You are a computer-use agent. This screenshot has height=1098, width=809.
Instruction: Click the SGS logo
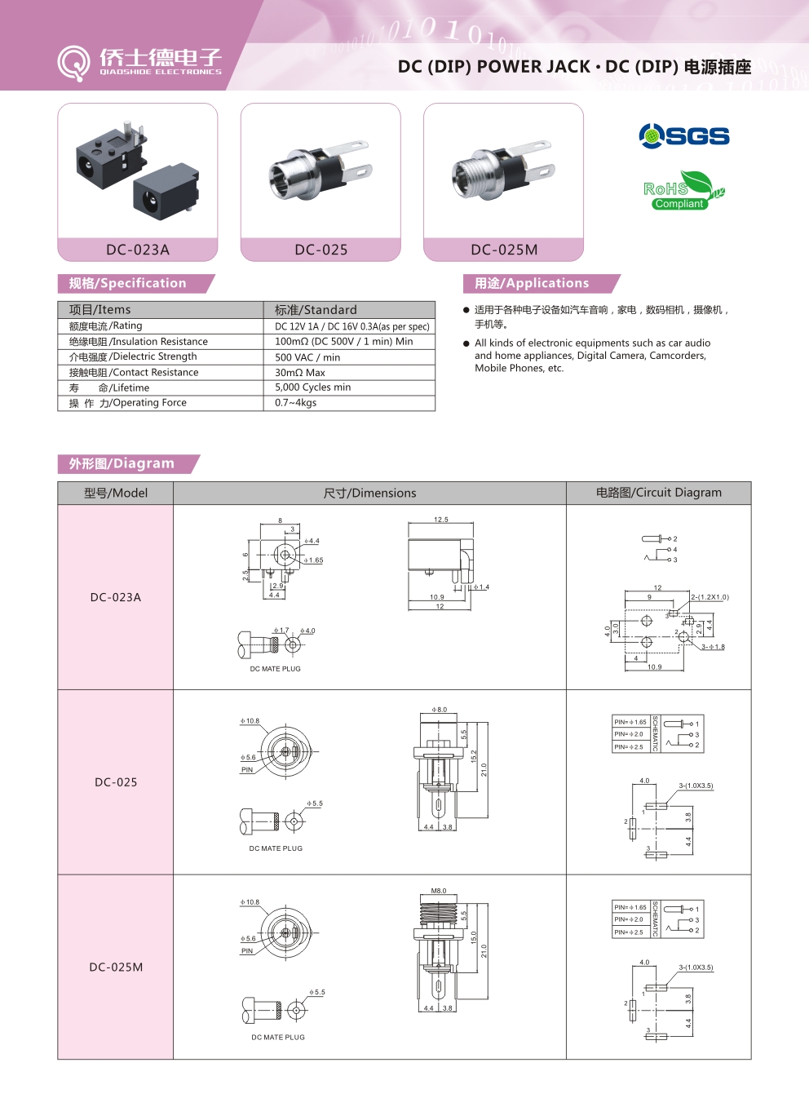(684, 135)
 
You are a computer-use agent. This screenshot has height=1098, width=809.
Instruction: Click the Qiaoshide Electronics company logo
(139, 62)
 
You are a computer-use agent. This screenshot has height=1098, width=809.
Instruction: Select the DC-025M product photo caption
(504, 250)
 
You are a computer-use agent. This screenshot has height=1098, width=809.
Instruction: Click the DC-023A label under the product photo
(138, 250)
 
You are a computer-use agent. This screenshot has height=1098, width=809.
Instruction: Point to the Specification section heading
(128, 283)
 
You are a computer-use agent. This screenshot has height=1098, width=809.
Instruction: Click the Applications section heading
(532, 283)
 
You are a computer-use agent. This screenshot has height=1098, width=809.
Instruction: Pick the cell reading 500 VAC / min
(307, 357)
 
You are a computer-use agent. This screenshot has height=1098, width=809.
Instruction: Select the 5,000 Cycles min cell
(313, 387)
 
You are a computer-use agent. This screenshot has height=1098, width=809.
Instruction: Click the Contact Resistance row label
(134, 372)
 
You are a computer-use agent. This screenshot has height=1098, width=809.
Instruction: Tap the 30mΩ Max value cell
(300, 373)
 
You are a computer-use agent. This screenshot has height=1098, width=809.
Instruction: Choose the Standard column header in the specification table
(316, 310)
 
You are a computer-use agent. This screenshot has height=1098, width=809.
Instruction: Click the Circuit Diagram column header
(658, 493)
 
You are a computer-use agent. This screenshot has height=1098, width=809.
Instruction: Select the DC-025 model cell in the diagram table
(116, 782)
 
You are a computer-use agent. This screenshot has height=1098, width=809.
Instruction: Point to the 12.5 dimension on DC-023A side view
(441, 520)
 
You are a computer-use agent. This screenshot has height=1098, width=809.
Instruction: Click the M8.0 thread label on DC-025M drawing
(439, 891)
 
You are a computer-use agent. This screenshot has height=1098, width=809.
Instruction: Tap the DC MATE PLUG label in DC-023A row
(276, 669)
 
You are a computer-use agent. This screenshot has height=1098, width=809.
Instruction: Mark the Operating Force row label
(128, 403)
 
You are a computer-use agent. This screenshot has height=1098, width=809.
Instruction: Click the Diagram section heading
(122, 463)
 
